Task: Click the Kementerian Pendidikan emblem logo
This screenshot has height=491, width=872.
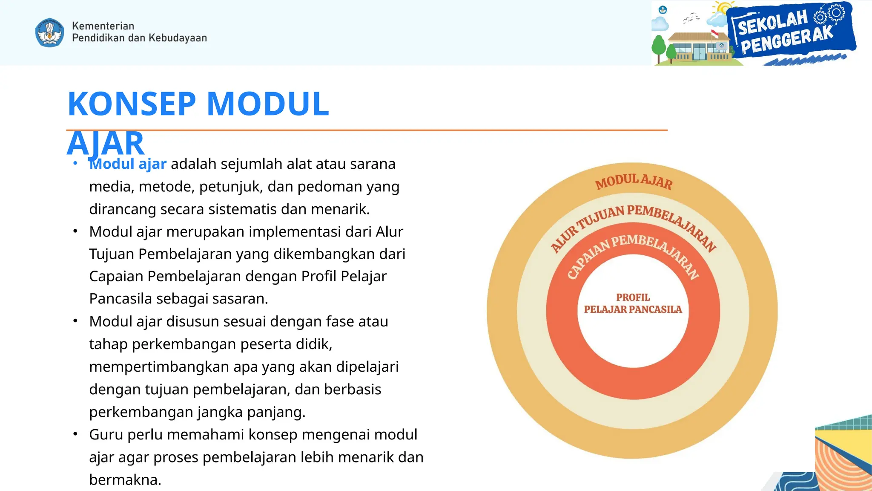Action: click(x=50, y=32)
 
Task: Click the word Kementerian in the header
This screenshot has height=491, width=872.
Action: click(x=103, y=26)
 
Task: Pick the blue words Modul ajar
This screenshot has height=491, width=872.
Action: click(x=128, y=164)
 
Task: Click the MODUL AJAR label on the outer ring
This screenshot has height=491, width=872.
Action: click(x=634, y=182)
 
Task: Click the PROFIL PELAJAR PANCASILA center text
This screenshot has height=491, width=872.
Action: click(x=633, y=303)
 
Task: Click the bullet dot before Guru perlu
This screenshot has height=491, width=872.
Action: click(x=75, y=434)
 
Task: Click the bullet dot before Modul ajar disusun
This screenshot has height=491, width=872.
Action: click(x=75, y=321)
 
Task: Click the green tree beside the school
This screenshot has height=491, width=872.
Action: click(x=659, y=47)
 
